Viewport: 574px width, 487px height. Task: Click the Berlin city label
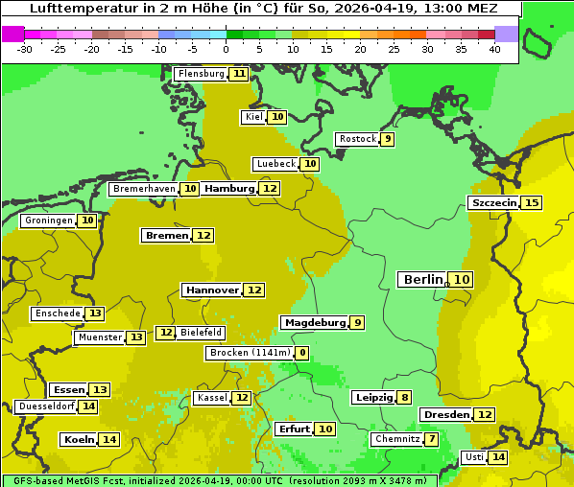423,279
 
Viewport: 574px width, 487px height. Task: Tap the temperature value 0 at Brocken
301,353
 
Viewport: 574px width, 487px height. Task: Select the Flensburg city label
201,74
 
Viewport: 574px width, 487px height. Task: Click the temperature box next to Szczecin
531,202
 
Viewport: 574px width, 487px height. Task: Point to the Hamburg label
228,189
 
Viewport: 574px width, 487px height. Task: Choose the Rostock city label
357,139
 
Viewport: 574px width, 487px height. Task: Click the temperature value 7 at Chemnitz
432,439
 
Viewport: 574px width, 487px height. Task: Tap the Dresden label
445,414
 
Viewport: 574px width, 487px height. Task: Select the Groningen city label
49,220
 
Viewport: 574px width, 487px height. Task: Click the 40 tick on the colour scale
494,49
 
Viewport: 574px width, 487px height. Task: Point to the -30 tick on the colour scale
25,49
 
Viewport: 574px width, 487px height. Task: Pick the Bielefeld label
202,333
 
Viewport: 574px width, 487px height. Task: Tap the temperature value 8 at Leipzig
404,398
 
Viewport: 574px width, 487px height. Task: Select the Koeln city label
78,439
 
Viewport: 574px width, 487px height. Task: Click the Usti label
474,457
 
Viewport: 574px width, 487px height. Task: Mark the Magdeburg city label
314,322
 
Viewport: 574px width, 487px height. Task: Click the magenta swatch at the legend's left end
12,34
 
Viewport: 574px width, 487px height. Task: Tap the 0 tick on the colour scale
226,49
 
